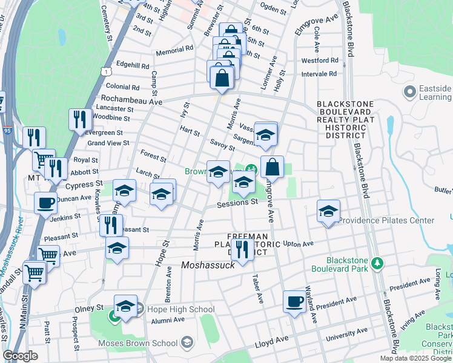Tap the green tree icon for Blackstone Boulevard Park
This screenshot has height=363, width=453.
click(377, 263)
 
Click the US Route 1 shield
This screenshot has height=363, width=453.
click(107, 71)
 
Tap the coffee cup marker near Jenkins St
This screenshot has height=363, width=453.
click(45, 203)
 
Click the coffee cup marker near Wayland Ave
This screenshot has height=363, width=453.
click(295, 302)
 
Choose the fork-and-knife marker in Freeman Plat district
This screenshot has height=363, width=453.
click(242, 249)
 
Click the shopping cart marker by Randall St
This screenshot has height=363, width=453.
click(35, 272)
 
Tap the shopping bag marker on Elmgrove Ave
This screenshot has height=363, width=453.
click(273, 167)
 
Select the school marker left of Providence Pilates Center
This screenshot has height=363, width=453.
click(328, 211)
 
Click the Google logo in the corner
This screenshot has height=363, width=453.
click(21, 356)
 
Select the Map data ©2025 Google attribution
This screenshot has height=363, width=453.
click(415, 358)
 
